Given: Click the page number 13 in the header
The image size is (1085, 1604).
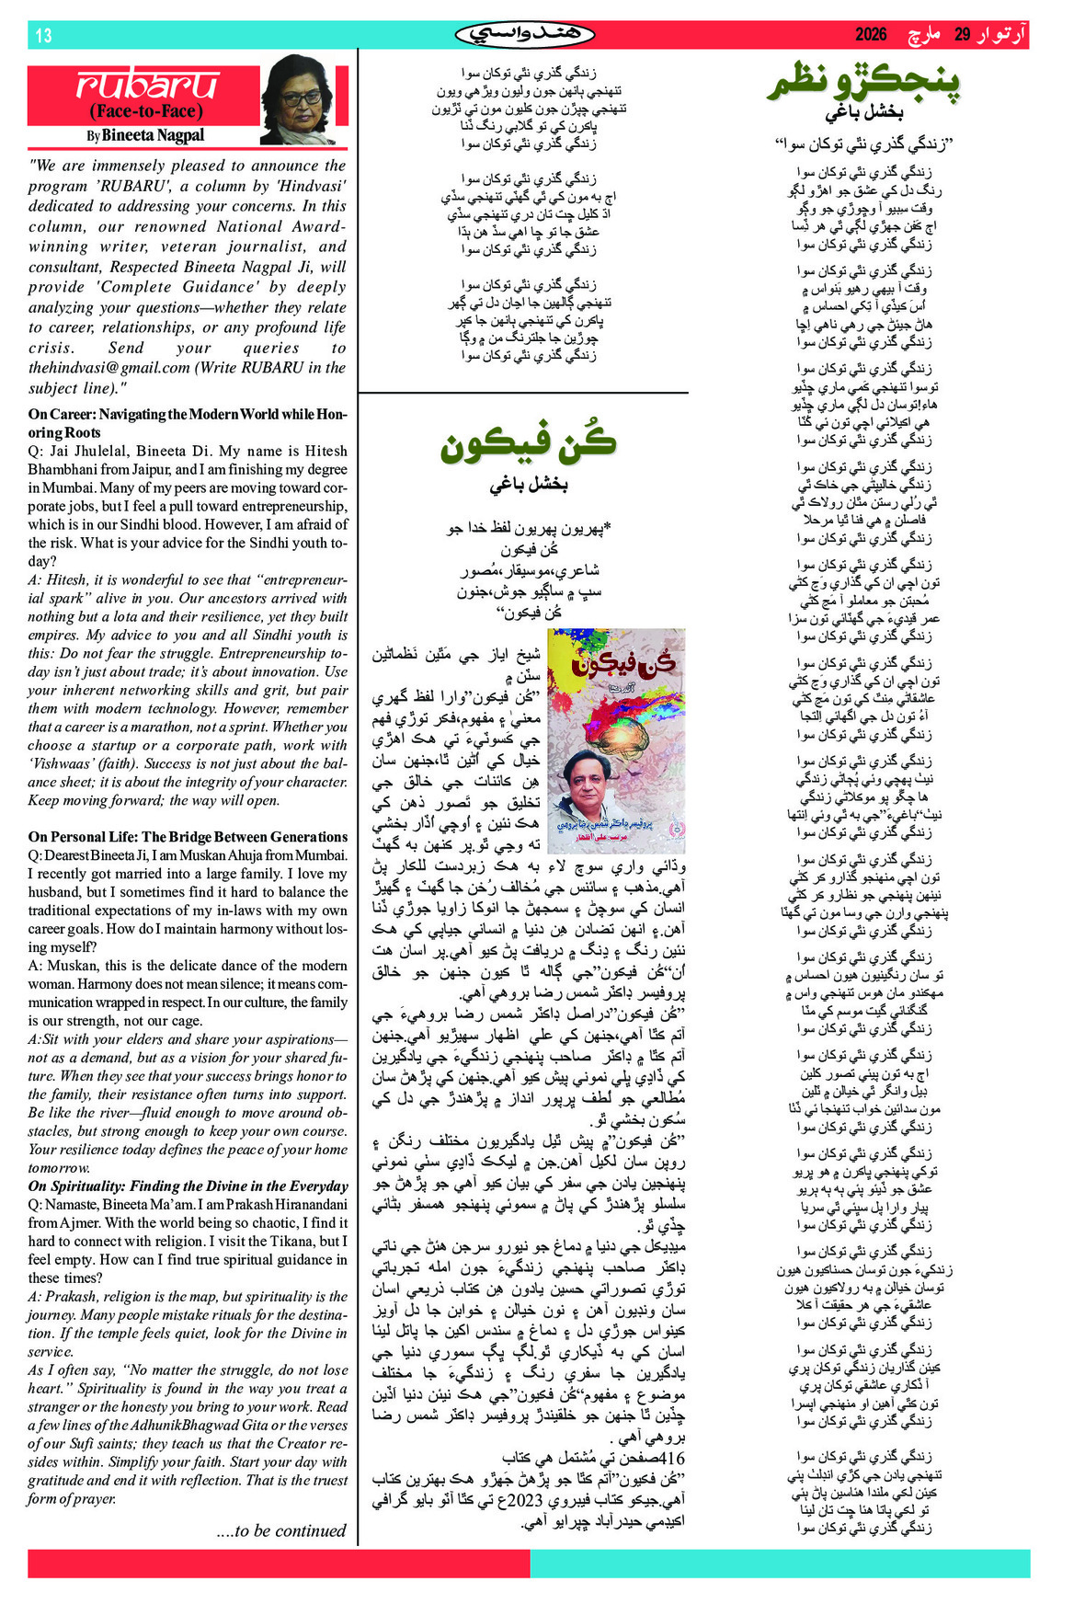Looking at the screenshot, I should click(43, 36).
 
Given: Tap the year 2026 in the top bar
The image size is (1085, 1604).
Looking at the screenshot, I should click(870, 35).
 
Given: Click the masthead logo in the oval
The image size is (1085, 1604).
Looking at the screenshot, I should click(524, 35).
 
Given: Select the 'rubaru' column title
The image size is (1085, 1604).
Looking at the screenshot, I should click(148, 85).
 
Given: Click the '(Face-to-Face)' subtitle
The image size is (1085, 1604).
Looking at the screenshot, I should click(145, 111).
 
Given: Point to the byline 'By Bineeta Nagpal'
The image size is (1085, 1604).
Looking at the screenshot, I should click(145, 135).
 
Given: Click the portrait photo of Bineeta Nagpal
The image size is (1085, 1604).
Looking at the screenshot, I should click(303, 99).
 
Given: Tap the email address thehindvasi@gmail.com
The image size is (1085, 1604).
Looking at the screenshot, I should click(108, 368).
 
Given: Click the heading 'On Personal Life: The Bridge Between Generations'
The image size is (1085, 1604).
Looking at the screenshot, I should click(188, 837).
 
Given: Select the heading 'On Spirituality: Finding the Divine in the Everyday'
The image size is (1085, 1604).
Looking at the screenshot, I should click(188, 1186).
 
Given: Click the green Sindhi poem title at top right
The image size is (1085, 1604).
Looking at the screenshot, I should click(863, 83).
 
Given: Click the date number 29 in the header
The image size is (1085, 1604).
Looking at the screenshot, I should click(962, 35).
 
